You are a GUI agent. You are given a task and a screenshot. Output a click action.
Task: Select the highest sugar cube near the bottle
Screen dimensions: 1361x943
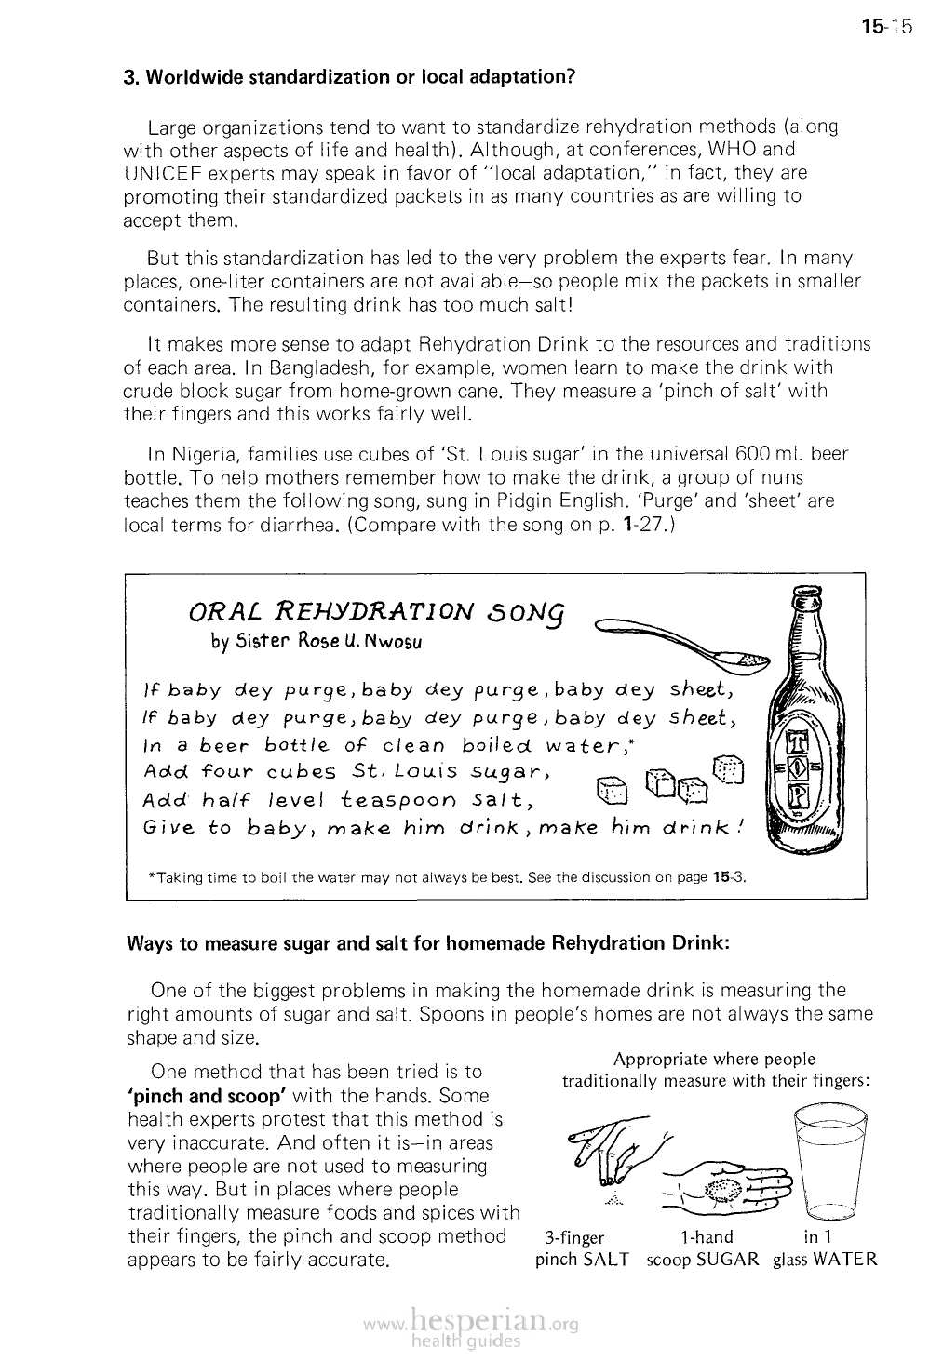(729, 767)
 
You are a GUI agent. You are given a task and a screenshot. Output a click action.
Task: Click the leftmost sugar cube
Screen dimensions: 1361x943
(613, 790)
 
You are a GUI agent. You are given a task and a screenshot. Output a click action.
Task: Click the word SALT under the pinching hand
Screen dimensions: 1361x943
(606, 1260)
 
